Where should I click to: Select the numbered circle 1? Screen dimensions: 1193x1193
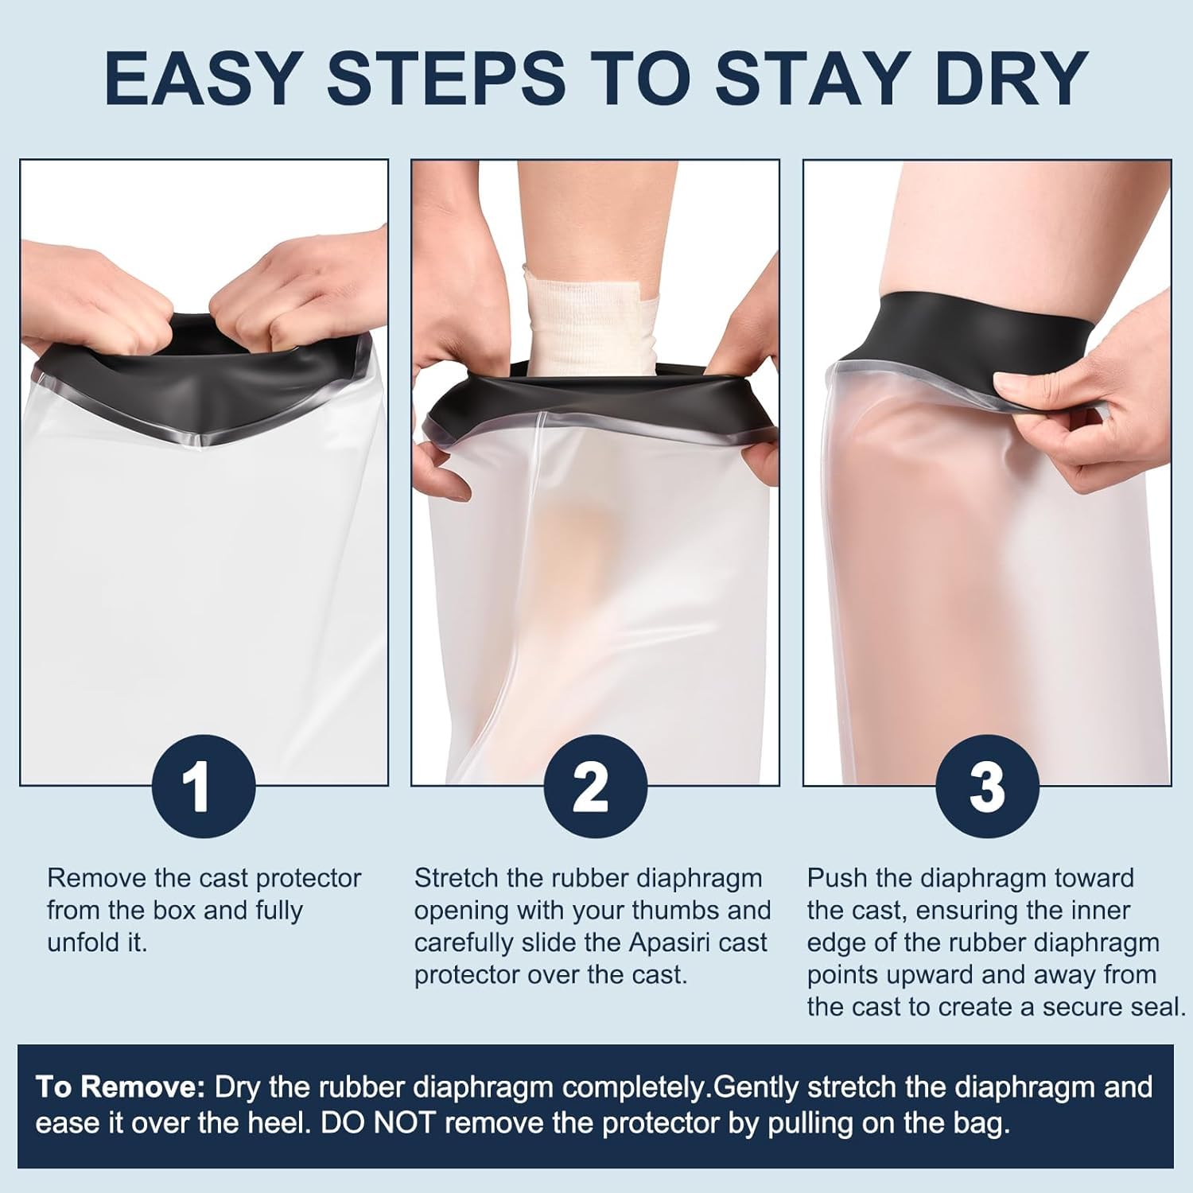204,786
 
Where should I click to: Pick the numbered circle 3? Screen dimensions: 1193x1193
987,786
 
